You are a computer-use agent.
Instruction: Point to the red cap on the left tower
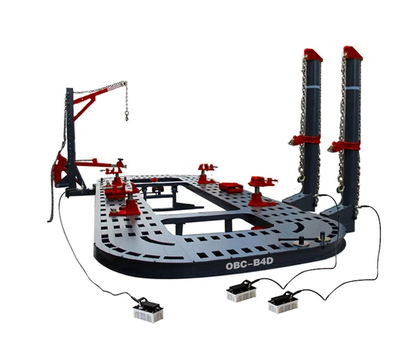pyautogui.click(x=313, y=54)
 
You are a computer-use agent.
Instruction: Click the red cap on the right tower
pyautogui.click(x=353, y=52)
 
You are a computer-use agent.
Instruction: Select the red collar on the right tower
pyautogui.click(x=344, y=146)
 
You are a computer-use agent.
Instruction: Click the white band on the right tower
pyautogui.click(x=353, y=89)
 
